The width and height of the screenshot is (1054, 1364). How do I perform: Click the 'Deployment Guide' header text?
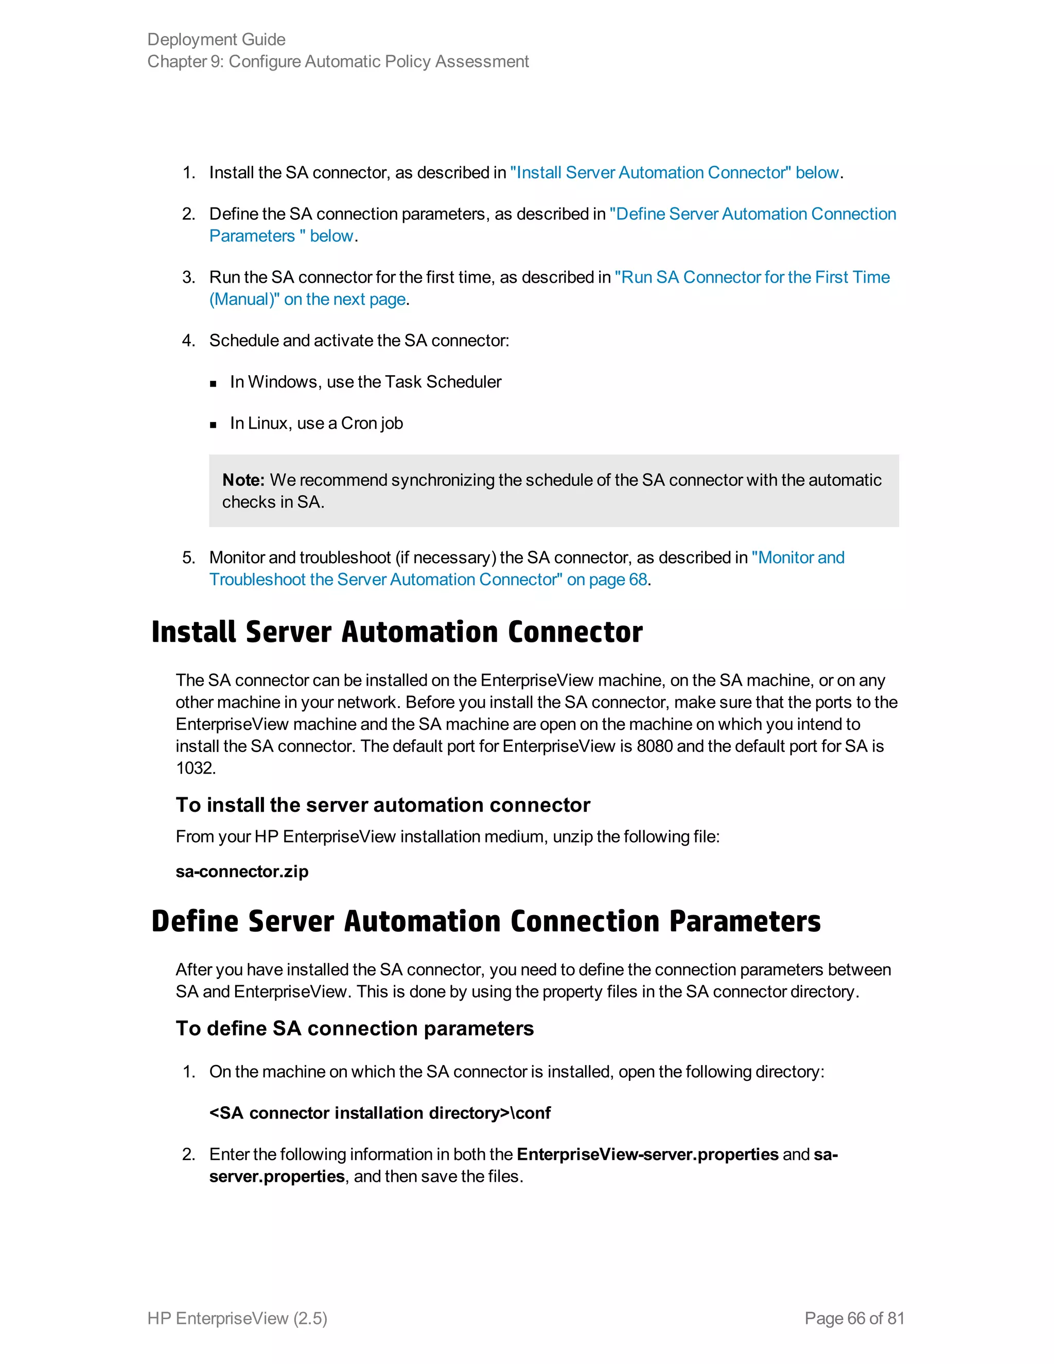click(x=216, y=39)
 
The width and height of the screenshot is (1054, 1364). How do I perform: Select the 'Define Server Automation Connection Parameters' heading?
click(x=485, y=921)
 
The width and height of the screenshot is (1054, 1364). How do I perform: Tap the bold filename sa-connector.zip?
click(x=242, y=871)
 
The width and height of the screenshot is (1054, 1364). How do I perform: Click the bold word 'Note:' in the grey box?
click(x=243, y=480)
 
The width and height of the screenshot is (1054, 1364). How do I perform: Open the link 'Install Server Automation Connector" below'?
click(x=674, y=172)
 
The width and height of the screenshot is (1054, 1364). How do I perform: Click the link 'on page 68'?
click(x=606, y=580)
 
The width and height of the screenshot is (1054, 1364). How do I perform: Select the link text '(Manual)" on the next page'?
click(x=308, y=299)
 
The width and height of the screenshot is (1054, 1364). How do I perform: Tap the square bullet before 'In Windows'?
click(x=214, y=383)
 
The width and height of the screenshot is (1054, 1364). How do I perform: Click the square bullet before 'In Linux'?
click(x=214, y=425)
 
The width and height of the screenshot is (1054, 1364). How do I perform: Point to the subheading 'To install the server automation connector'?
click(x=382, y=805)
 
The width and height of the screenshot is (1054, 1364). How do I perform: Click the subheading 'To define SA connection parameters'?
click(x=354, y=1028)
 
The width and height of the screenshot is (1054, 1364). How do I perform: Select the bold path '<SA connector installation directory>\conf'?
click(x=380, y=1113)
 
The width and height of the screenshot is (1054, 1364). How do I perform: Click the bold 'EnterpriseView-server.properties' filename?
click(x=647, y=1154)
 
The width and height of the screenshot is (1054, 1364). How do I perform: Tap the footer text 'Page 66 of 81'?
click(x=854, y=1318)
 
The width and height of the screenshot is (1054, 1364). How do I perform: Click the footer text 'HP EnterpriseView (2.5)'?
click(x=237, y=1318)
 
